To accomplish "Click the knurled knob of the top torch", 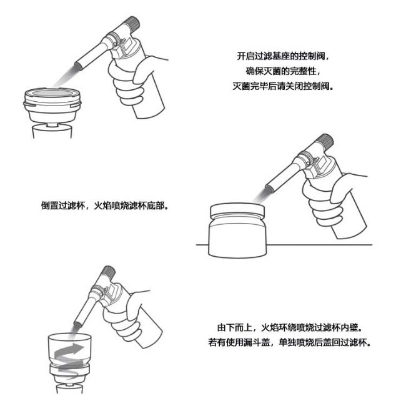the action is (x=132, y=24).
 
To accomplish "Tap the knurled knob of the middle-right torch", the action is (x=325, y=142).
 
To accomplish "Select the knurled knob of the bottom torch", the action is (x=109, y=272).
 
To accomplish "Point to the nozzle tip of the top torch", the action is (x=78, y=66).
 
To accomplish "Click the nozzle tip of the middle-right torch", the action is (x=269, y=189).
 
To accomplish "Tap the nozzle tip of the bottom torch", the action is (x=77, y=324).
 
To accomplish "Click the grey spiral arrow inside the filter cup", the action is (x=69, y=360).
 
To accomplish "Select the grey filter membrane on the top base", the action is (x=53, y=93).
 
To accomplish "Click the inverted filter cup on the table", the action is (x=237, y=230).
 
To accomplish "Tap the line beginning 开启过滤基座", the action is (x=283, y=56).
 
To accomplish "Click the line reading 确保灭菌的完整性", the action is (x=283, y=71).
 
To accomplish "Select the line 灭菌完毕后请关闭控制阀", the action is (x=283, y=86).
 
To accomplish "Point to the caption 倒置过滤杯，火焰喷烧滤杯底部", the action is (x=105, y=205).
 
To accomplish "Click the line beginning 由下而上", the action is (x=289, y=327).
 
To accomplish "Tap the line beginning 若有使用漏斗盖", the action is (x=289, y=342).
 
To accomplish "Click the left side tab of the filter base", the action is (x=29, y=104).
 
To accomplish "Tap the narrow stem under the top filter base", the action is (x=52, y=124).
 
